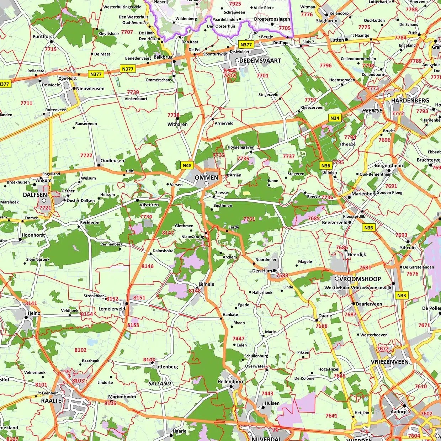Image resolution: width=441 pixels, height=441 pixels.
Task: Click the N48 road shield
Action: (x=187, y=165)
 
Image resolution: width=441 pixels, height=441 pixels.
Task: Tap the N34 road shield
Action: (x=335, y=118)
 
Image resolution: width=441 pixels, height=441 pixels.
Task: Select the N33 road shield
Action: (x=402, y=295)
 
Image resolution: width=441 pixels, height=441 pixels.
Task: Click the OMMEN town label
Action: (x=206, y=177)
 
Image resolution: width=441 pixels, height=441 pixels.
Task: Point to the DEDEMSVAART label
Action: (x=260, y=61)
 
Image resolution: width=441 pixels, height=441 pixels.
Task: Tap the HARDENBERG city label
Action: (x=410, y=101)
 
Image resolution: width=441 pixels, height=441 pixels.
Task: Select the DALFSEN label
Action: (x=35, y=195)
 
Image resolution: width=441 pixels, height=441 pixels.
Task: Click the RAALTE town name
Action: (x=51, y=400)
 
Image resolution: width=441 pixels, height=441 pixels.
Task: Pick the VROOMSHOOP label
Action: (x=360, y=279)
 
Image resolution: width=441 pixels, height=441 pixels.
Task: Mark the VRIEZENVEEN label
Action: (x=390, y=362)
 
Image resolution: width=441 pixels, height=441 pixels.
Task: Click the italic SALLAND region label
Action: (x=160, y=383)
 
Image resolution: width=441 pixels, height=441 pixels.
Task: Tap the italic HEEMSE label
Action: (x=372, y=111)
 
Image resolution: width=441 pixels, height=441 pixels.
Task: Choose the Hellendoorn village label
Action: (x=231, y=382)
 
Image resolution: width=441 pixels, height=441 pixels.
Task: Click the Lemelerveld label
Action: (x=112, y=309)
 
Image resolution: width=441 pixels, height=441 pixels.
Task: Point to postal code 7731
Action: (x=249, y=219)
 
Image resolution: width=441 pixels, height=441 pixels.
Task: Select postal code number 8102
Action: (x=80, y=350)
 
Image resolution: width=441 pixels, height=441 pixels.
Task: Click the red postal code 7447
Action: (x=238, y=339)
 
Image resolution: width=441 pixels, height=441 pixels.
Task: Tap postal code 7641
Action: (x=331, y=415)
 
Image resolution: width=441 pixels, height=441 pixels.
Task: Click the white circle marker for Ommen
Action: (x=206, y=184)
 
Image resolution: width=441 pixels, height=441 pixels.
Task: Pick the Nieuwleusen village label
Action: (x=90, y=89)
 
